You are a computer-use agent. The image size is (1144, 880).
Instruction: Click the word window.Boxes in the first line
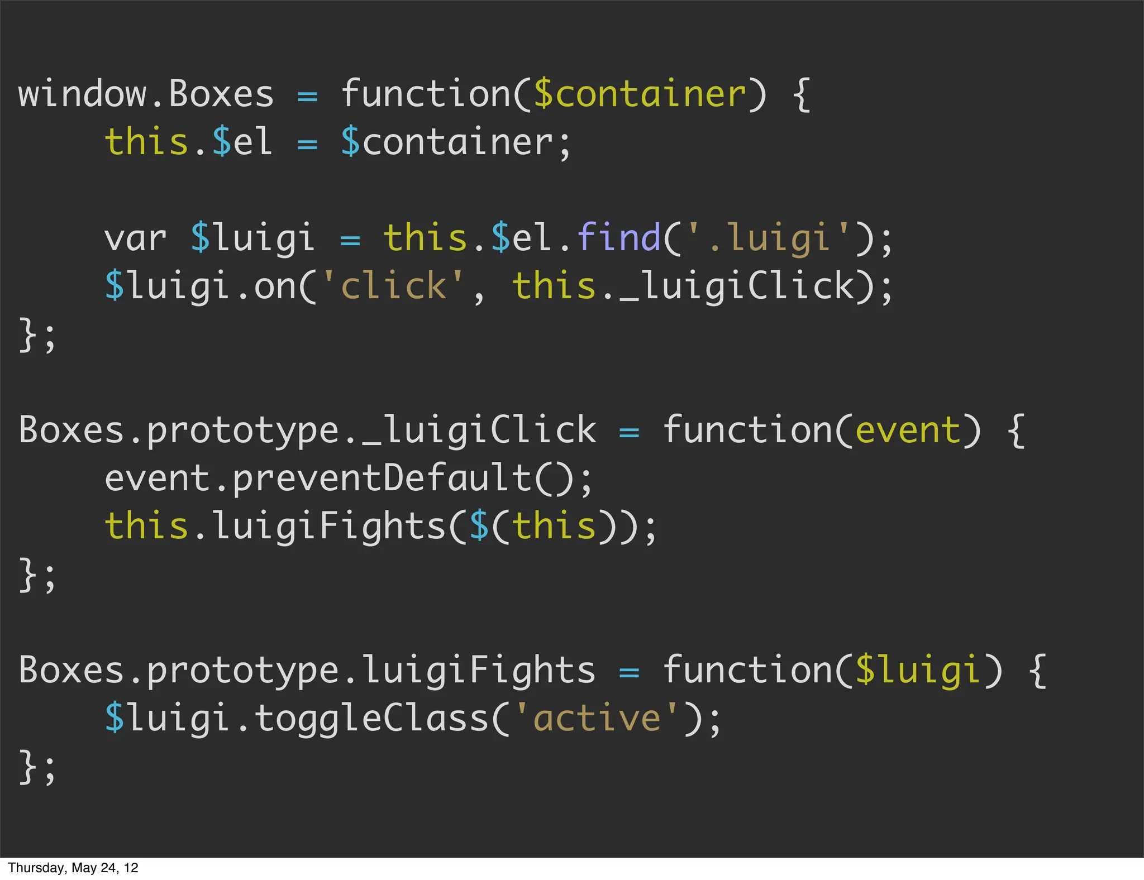[x=146, y=94]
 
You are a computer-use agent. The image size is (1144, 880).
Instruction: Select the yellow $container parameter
[x=640, y=94]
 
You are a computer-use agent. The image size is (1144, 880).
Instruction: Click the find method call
[x=618, y=238]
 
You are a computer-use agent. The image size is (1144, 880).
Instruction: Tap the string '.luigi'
[x=768, y=238]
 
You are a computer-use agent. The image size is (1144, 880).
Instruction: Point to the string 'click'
[x=393, y=286]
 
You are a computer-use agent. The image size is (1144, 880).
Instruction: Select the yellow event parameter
[x=907, y=431]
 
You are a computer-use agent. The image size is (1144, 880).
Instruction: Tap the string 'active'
[x=597, y=719]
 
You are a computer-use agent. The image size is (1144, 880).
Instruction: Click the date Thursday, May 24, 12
[x=73, y=868]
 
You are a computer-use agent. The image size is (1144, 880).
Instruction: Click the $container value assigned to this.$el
[x=447, y=142]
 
